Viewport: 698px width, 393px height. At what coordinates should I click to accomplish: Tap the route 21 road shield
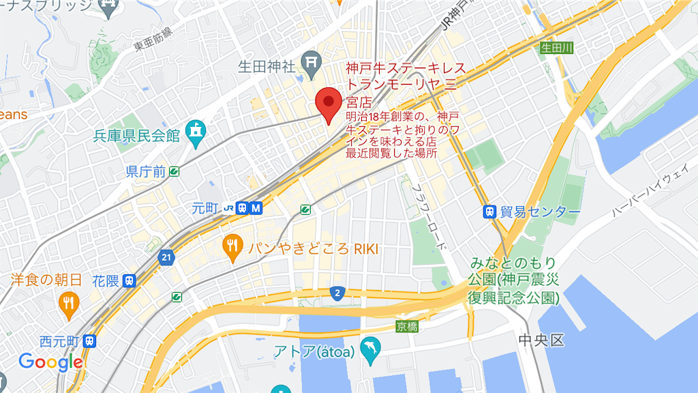pos(166,257)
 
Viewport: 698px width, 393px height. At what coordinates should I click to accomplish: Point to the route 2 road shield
pos(337,293)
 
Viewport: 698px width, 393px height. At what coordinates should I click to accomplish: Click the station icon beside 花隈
pos(130,280)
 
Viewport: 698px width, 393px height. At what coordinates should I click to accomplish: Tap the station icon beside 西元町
pos(89,340)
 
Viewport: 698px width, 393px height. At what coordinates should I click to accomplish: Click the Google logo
pos(50,362)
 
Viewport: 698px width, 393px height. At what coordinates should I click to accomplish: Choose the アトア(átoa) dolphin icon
pos(370,348)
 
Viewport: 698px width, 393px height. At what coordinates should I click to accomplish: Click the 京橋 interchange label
pos(406,327)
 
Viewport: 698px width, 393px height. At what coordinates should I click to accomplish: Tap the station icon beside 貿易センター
pos(489,212)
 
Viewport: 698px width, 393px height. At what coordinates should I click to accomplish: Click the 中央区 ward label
pos(541,340)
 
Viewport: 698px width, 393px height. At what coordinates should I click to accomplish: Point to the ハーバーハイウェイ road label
pos(651,194)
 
